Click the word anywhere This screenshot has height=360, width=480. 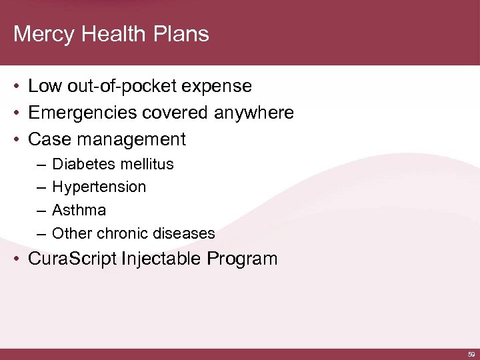(254, 113)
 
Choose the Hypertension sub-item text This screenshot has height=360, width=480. (99, 187)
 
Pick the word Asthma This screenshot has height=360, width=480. (79, 211)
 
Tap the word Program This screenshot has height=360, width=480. (243, 259)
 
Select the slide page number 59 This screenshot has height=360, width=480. (471, 355)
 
